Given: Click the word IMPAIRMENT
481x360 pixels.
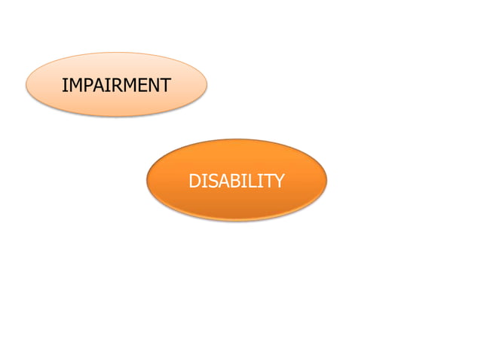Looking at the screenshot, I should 116,86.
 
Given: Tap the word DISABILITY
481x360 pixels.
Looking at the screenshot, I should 236,182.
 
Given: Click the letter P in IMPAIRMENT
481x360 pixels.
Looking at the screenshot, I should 84,86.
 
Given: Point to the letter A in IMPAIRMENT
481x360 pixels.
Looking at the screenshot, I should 96,86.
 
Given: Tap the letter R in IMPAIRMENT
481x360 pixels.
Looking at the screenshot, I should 112,86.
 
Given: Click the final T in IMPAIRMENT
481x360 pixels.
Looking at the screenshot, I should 164,86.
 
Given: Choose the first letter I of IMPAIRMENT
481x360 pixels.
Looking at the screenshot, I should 64,86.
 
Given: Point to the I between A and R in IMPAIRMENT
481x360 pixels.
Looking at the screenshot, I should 104,86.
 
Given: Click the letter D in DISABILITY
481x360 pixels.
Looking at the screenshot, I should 195,182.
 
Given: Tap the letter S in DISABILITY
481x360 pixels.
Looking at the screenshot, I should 210,182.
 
